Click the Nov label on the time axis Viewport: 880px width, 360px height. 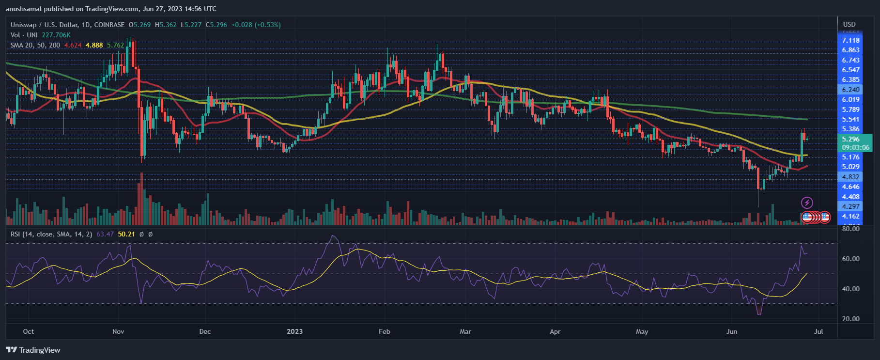click(118, 331)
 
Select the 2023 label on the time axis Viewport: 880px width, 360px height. click(294, 331)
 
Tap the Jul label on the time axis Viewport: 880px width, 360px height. click(818, 331)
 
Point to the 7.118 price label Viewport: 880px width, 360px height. click(850, 40)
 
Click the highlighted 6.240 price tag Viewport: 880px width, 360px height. click(850, 90)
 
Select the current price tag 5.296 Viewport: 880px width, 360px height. click(850, 139)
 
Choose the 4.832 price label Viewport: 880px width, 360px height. click(850, 177)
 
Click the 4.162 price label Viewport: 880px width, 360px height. click(850, 216)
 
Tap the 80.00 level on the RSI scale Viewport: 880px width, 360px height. click(850, 229)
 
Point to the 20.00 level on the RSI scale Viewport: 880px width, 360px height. click(850, 319)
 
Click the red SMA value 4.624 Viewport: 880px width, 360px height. click(73, 45)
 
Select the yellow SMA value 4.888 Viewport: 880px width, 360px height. click(94, 45)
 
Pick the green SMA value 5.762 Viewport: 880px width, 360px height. click(115, 45)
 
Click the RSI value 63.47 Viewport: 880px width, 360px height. click(105, 234)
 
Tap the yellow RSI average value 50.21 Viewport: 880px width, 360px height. click(126, 234)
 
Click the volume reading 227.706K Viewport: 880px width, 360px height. click(56, 35)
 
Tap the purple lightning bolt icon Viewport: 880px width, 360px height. click(807, 203)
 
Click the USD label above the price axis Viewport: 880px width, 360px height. click(849, 24)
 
